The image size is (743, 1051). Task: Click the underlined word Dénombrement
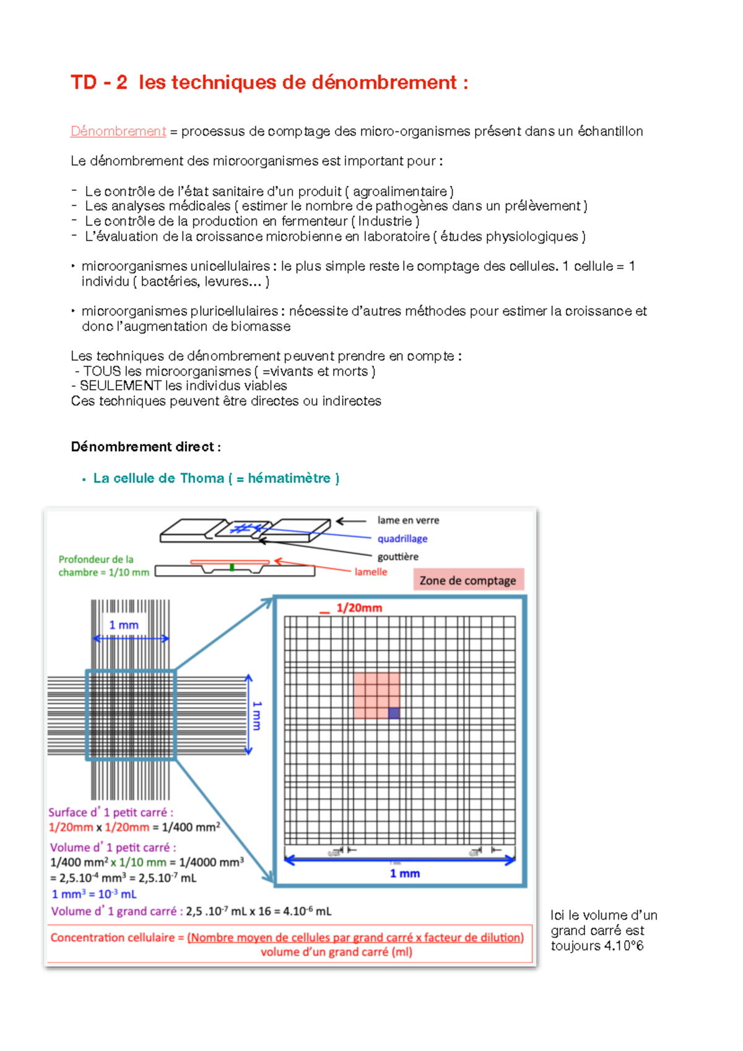tap(118, 131)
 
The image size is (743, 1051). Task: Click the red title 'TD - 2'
tap(99, 82)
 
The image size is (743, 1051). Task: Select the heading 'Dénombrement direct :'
tap(146, 447)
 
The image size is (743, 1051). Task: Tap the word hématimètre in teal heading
tap(289, 478)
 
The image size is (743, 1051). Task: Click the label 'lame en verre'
tap(408, 521)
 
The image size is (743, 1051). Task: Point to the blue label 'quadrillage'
tap(402, 539)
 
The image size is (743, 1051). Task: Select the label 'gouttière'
tap(398, 556)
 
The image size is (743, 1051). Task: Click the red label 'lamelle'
tap(371, 572)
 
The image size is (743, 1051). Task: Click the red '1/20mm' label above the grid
tap(359, 608)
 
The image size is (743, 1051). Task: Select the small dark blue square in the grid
tap(394, 713)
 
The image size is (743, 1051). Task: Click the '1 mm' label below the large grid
tap(405, 874)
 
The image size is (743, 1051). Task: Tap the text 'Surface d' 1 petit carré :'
tap(111, 812)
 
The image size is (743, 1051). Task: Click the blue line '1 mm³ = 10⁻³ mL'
tap(94, 894)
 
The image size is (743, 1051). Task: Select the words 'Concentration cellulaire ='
tap(117, 938)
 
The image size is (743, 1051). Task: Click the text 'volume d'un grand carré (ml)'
tap(336, 952)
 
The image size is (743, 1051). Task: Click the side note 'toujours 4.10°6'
tap(597, 946)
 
